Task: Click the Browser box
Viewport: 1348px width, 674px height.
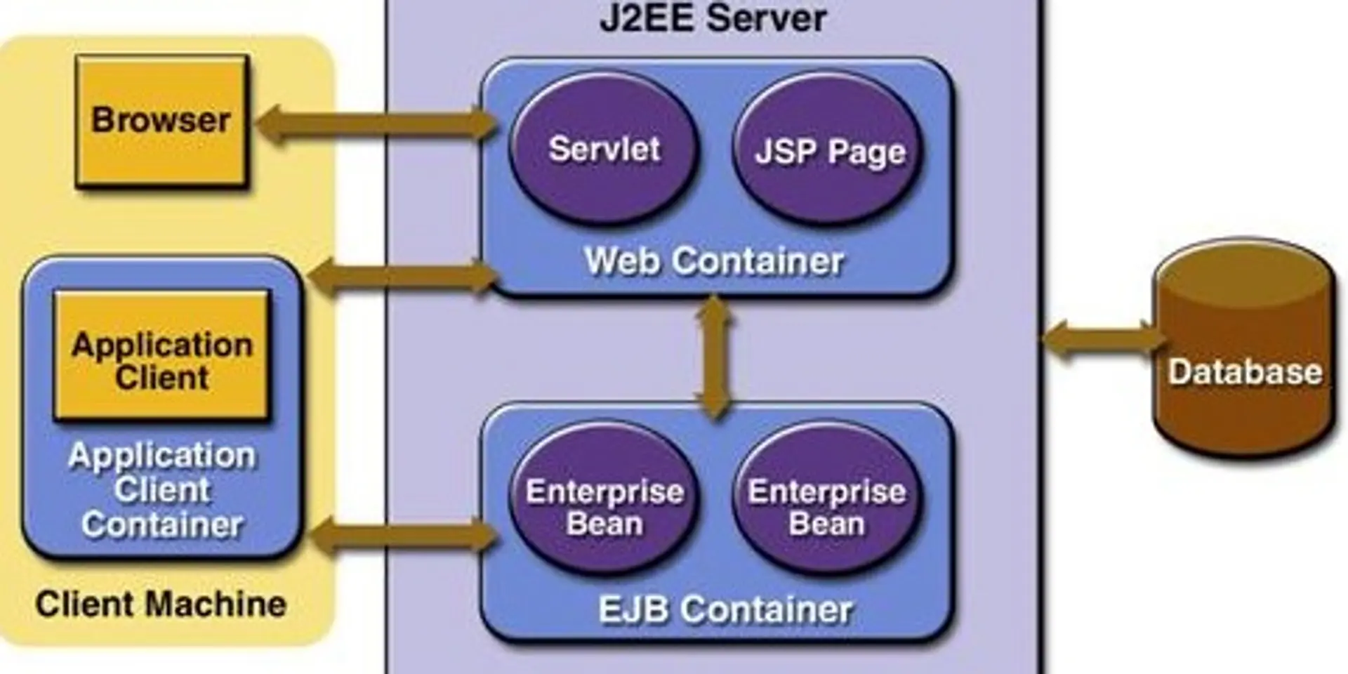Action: click(161, 121)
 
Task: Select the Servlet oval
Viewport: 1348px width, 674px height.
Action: click(604, 149)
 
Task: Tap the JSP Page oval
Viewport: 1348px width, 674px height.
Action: click(828, 151)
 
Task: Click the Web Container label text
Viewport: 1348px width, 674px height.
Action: click(713, 261)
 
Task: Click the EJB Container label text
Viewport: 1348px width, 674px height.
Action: click(725, 609)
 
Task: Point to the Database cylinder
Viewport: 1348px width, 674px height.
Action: click(1244, 393)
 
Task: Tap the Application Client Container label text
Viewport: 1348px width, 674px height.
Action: click(161, 490)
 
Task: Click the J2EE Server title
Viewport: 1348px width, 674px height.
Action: click(713, 18)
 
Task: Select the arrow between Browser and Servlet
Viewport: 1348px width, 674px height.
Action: click(376, 124)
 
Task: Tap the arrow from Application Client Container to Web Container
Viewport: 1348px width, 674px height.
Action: click(402, 276)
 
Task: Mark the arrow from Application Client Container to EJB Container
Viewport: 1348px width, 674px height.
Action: click(402, 537)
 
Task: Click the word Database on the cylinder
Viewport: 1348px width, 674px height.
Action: click(1244, 372)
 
